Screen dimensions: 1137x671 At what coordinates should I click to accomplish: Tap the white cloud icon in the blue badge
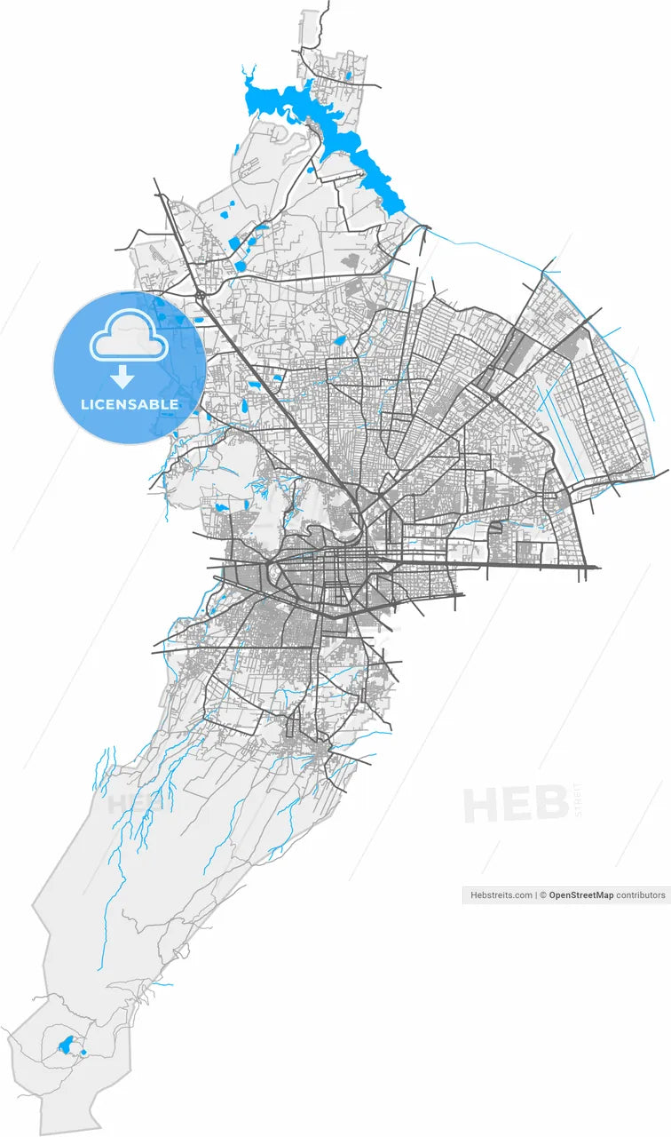tap(130, 335)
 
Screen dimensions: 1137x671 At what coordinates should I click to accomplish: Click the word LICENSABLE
tap(130, 404)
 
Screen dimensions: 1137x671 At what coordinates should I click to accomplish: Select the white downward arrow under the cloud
tap(122, 377)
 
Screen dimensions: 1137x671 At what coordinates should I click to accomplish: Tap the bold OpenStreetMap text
tap(580, 895)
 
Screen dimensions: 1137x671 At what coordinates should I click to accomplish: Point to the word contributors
tap(641, 895)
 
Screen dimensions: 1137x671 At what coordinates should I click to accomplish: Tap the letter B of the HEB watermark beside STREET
tap(551, 804)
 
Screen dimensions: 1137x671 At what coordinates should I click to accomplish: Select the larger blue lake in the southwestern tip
tap(65, 1045)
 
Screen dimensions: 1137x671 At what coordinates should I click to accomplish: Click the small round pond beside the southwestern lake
tap(83, 1054)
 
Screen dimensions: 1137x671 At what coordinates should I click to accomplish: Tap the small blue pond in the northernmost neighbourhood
tap(349, 76)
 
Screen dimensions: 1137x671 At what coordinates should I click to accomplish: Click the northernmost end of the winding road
tap(328, 3)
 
